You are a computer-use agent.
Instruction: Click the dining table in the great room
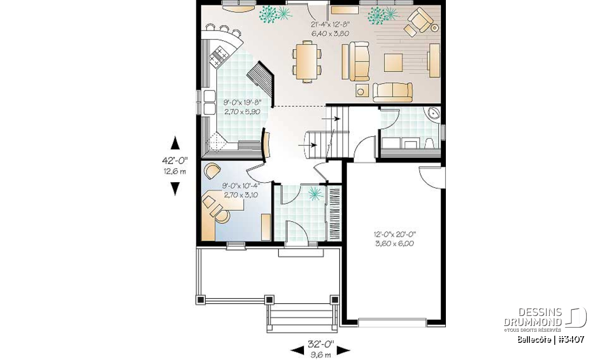pos(307,61)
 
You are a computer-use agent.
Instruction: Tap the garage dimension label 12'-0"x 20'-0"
pos(395,234)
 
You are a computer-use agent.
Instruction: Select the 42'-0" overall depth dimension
pos(175,161)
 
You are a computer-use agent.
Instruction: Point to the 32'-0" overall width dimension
pos(321,344)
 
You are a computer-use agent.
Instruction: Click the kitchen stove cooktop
pos(219,56)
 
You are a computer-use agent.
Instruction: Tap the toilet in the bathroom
pos(429,143)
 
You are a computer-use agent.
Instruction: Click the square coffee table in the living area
pos(393,63)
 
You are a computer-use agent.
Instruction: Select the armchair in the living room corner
pos(419,20)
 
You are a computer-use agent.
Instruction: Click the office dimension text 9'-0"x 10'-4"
pos(241,185)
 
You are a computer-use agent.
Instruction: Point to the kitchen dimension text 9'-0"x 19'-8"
pos(242,102)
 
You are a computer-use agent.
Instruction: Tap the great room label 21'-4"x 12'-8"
pos(330,24)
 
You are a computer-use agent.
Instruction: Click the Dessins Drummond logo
pos(546,319)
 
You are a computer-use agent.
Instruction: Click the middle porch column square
pos(269,300)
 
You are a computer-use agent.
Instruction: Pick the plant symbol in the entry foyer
pos(315,194)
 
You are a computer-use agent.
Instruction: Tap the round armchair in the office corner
pos(212,171)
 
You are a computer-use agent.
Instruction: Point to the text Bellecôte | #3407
pos(551,339)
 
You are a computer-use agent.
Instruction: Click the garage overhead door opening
pos(392,323)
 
